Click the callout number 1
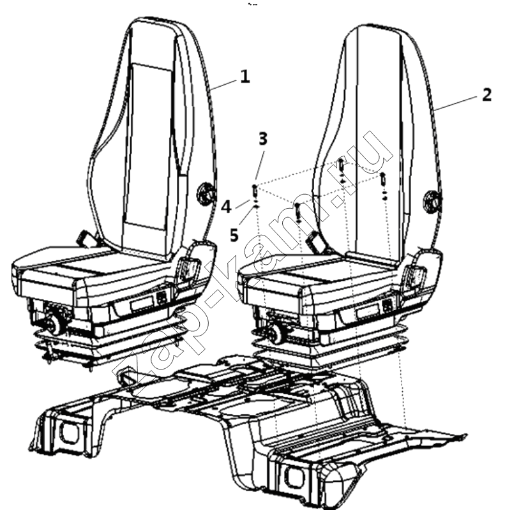pos(245,77)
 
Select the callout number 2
pos(486,95)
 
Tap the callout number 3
pos(263,138)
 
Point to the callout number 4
pos(226,207)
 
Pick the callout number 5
pos(234,235)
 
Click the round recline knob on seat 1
pos(204,193)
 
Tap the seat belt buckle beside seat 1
pos(83,238)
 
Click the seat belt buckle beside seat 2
pos(314,241)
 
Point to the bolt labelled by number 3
pos(255,191)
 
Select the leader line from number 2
pos(458,103)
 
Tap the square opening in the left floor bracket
pos(70,433)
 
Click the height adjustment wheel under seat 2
pos(276,333)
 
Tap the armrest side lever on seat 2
pos(415,275)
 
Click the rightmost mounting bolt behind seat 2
pos(384,180)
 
